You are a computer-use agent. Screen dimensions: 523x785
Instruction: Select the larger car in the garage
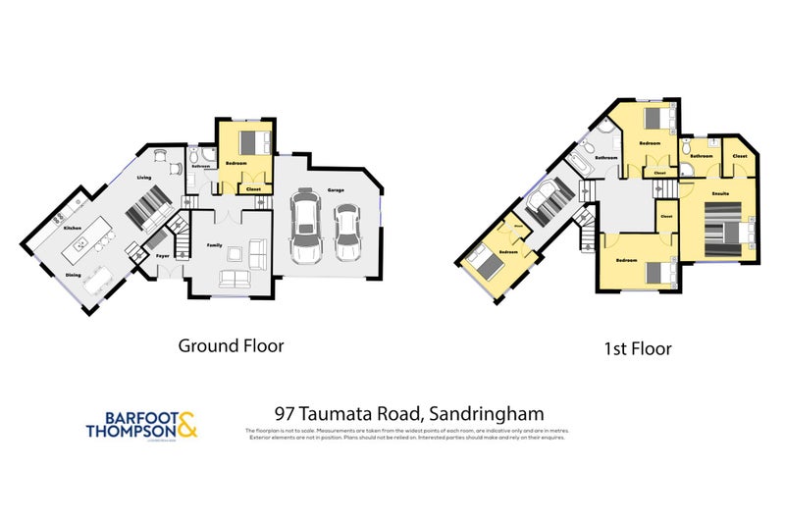click(x=305, y=227)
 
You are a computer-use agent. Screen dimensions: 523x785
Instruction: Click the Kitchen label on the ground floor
click(x=73, y=228)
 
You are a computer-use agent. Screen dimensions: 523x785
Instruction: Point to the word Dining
click(x=73, y=275)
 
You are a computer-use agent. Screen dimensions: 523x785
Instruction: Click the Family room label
click(x=215, y=245)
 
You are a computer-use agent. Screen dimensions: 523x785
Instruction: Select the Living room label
click(x=144, y=178)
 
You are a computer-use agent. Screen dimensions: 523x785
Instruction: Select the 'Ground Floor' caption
click(x=231, y=345)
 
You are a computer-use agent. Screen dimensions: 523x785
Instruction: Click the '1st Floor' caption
click(x=638, y=348)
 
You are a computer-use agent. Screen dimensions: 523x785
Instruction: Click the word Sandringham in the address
click(x=495, y=414)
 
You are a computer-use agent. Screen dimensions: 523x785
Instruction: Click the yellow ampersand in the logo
click(x=187, y=423)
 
